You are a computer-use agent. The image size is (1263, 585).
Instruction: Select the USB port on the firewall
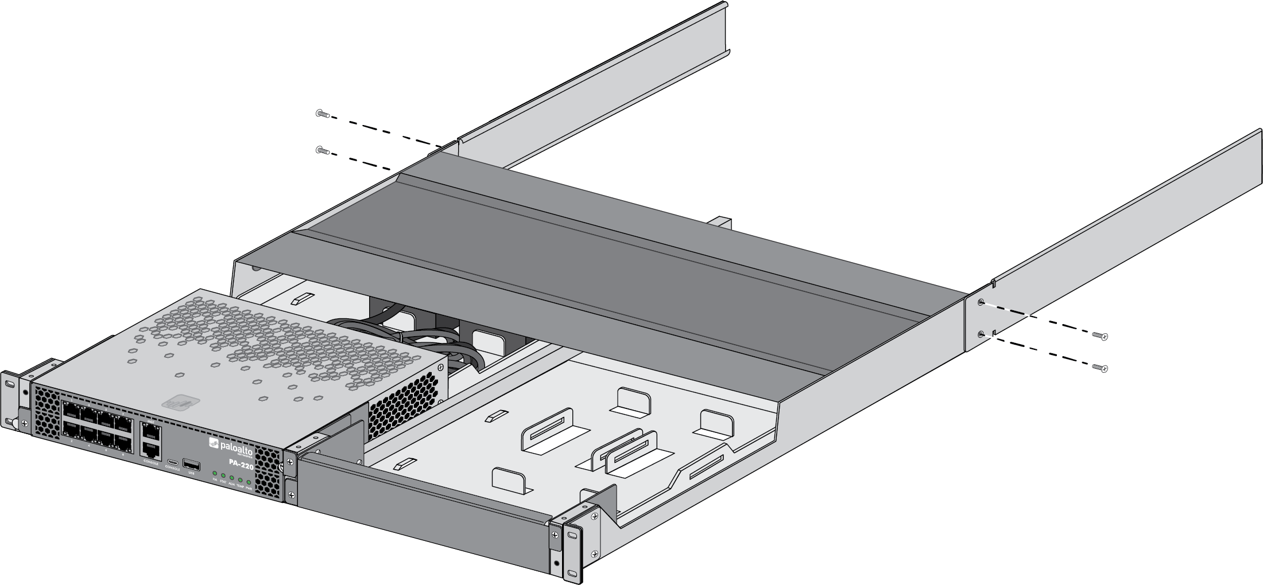191,465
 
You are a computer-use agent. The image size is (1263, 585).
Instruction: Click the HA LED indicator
215,473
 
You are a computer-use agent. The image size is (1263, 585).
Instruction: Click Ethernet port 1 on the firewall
71,410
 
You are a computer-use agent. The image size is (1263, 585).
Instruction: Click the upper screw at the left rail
322,114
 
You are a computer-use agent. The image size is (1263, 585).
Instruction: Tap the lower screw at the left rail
322,151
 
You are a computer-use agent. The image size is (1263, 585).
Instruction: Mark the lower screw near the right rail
1099,368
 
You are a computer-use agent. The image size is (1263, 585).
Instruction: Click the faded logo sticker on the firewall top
181,403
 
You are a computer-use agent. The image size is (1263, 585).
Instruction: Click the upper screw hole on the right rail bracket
981,302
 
